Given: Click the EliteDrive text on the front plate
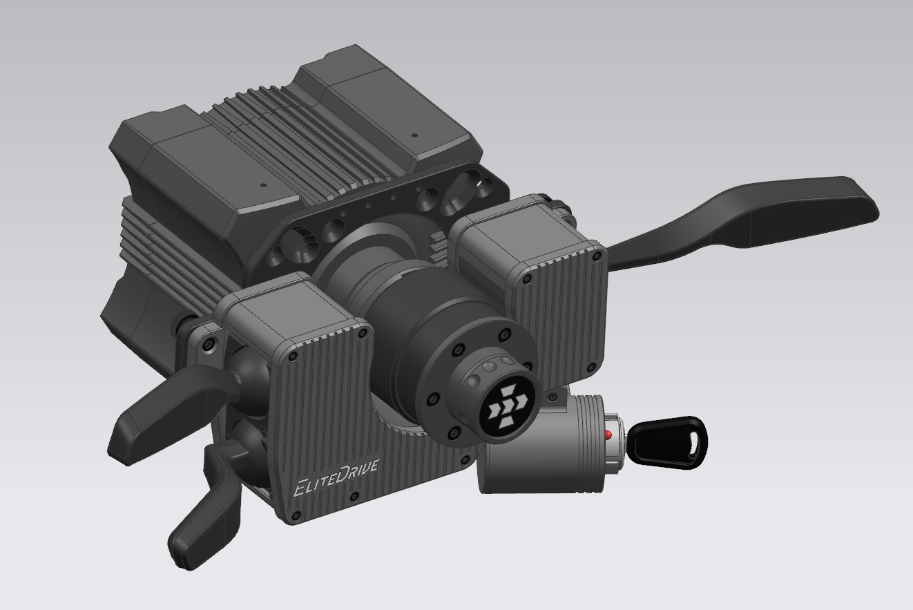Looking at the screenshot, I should pos(336,477).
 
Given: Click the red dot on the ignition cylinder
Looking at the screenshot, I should pos(608,435).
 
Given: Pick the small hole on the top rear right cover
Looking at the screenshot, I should pos(414,135).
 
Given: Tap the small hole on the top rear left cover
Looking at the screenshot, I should pos(262,185).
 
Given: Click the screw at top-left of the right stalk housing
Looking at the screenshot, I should pos(528,279).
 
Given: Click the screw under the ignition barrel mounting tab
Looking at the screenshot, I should pos(553,398).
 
